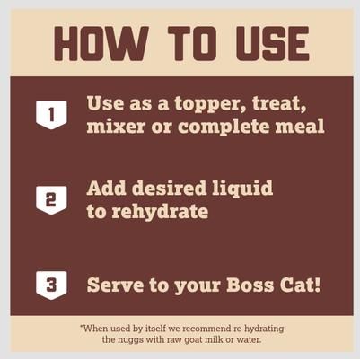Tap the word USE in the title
262,43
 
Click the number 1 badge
51,114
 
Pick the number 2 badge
51,199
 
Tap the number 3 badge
51,285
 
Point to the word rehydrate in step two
158,212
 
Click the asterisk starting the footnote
82,326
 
